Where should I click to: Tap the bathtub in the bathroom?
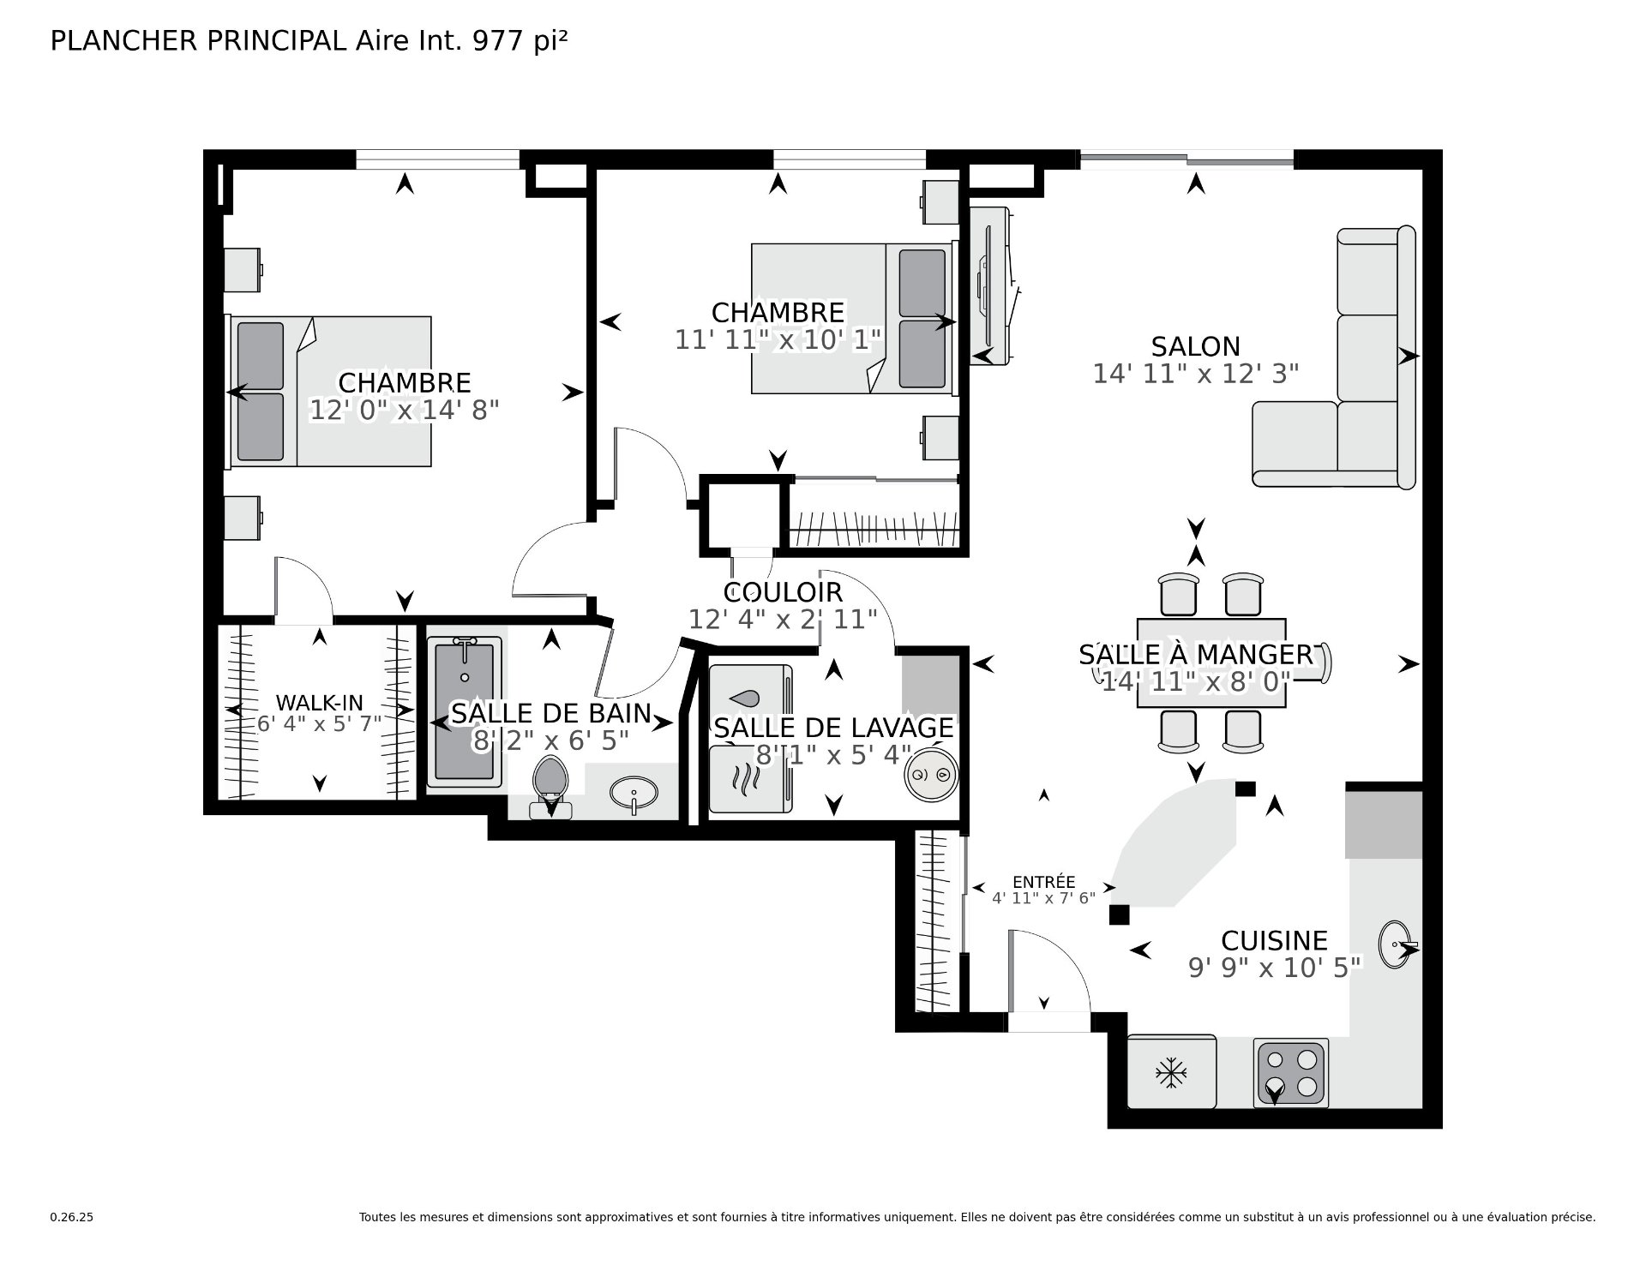click(x=465, y=711)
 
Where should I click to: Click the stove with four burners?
click(x=1290, y=1072)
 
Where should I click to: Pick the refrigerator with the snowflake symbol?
click(x=1171, y=1071)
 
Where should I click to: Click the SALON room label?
click(x=1195, y=346)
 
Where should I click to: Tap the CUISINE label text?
click(x=1274, y=940)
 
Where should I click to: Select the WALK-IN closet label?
click(x=319, y=704)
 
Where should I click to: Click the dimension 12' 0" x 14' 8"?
click(x=404, y=410)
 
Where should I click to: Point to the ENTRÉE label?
click(x=1043, y=882)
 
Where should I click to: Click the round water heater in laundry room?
click(x=931, y=775)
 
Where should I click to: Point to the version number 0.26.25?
click(x=71, y=1217)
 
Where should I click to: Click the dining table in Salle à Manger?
click(x=1211, y=663)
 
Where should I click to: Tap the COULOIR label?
click(x=783, y=592)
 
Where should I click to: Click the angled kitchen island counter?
click(x=1178, y=843)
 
